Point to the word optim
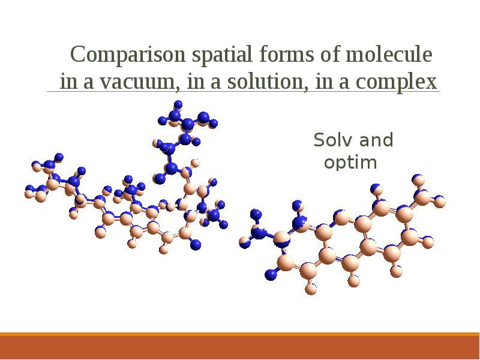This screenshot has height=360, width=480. click(350, 163)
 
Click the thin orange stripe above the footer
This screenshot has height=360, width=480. click(240, 334)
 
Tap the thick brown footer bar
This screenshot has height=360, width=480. click(240, 348)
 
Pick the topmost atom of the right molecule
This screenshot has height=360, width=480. click(419, 179)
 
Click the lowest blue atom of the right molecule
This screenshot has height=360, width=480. click(271, 275)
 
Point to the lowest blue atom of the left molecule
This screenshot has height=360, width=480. click(195, 244)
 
